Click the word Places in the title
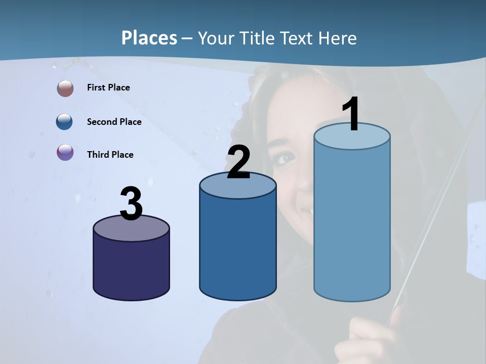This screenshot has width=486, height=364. (149, 38)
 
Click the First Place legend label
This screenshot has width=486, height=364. (108, 87)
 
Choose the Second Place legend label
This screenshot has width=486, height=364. (114, 122)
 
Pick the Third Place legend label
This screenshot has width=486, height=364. (110, 155)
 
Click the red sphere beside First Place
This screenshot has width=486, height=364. (65, 88)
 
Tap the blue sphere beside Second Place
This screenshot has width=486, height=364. (65, 122)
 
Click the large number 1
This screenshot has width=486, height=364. (351, 114)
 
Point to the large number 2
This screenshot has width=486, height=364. (238, 162)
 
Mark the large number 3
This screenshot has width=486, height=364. (132, 204)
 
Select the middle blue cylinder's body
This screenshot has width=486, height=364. (238, 248)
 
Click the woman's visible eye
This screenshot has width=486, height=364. (285, 158)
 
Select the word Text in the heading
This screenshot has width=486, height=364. (300, 38)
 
